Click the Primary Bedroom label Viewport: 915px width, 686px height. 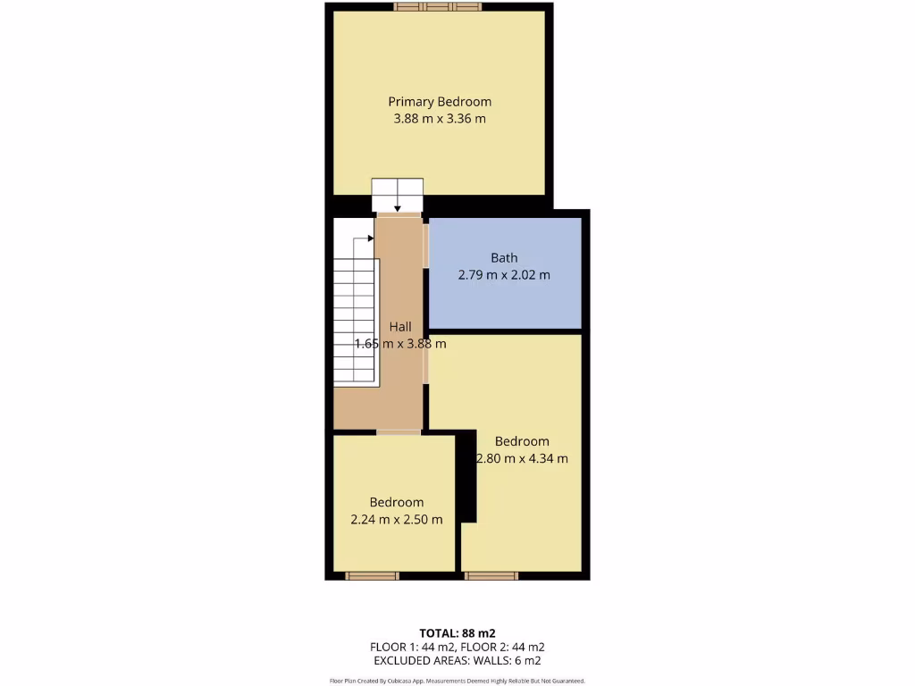[x=440, y=102]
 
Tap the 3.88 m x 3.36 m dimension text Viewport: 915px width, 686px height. [x=440, y=119]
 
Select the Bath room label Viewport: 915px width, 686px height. [x=504, y=258]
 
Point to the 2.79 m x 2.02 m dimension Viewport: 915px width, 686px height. [x=504, y=275]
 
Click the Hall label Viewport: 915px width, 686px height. [x=400, y=327]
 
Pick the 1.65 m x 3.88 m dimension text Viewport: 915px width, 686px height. [x=400, y=344]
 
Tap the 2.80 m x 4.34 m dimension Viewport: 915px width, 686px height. [x=522, y=459]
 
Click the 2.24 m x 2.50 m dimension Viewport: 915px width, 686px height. [x=397, y=520]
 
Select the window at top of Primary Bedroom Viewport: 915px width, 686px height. [x=438, y=7]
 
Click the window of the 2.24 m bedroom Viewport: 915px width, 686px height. [x=372, y=576]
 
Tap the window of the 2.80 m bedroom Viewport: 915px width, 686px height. [x=491, y=576]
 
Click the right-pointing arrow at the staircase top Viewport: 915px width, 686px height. [x=369, y=238]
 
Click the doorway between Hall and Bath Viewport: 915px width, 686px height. [x=426, y=247]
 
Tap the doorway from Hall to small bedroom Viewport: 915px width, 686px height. [x=398, y=432]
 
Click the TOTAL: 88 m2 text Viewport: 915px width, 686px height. [x=457, y=633]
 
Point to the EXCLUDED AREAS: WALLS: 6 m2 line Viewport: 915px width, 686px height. [x=457, y=661]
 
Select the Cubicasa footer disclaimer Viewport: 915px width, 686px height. [x=457, y=681]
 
